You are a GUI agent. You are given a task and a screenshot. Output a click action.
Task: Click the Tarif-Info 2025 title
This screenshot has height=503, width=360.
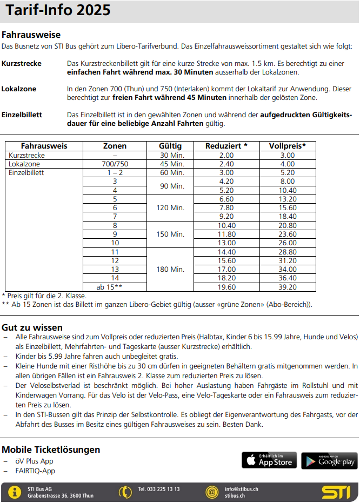point(57,10)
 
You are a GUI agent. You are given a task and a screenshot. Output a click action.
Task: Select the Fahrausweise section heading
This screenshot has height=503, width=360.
point(31,35)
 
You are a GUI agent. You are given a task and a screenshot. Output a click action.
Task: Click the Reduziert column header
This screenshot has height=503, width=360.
point(226,146)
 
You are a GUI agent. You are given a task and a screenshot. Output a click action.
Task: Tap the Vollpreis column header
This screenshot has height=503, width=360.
point(287,146)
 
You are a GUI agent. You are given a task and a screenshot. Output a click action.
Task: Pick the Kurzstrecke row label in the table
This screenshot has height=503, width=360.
point(27,155)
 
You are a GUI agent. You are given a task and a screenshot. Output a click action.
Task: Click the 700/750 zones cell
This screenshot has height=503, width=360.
point(115,164)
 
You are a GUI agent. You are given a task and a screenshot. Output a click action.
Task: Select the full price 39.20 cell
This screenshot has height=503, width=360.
point(287,287)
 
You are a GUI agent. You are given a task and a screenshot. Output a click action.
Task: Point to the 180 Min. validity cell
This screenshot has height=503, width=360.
point(170,269)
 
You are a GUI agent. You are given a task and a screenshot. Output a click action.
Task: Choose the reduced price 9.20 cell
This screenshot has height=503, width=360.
point(226,216)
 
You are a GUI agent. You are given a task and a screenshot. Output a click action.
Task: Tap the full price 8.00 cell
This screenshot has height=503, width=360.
point(287,182)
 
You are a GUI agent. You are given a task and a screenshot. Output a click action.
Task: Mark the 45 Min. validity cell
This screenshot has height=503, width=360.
point(170,164)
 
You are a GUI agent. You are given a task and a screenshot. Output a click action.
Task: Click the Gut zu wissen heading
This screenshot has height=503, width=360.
point(32,327)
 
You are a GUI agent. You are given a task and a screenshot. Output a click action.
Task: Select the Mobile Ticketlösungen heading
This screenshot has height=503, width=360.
point(51,450)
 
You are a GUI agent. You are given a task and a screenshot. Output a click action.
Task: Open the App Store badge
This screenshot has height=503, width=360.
point(269,460)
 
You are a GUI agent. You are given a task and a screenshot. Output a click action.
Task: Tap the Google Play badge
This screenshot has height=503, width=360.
point(329,460)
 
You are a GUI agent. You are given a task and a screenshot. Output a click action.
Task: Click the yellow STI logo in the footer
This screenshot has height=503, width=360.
point(336,492)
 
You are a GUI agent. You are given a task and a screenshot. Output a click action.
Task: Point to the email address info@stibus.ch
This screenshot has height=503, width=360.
point(241,488)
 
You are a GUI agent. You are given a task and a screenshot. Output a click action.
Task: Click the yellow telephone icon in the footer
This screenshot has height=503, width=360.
point(125,492)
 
